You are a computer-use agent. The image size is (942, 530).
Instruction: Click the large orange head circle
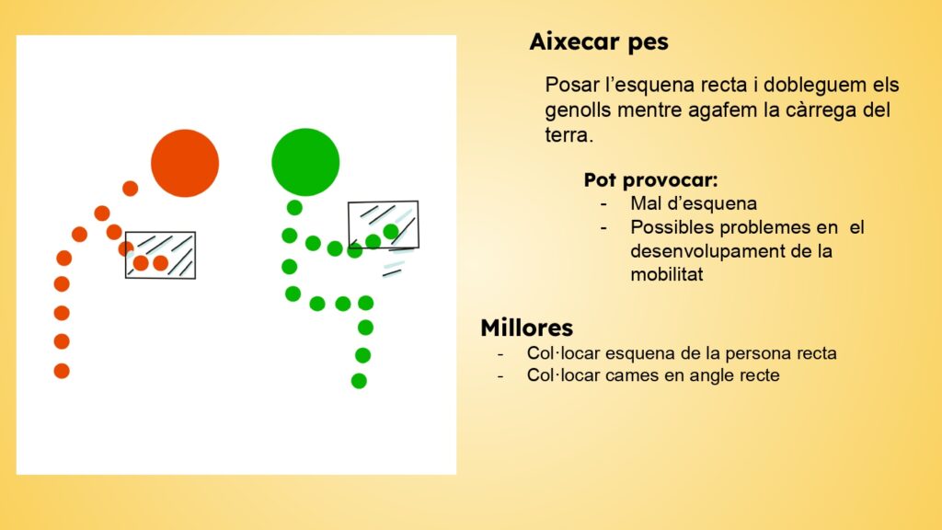click(185, 163)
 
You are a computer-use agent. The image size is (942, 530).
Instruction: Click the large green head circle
click(305, 162)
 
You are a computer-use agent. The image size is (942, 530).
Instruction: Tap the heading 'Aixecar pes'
click(598, 42)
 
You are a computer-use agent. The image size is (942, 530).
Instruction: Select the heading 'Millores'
click(527, 328)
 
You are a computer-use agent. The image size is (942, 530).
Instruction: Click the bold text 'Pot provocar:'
click(650, 179)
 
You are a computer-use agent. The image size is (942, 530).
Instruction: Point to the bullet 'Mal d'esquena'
click(694, 203)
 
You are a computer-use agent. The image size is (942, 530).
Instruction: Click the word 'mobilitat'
click(666, 274)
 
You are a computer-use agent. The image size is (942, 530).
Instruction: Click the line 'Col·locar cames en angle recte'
click(653, 375)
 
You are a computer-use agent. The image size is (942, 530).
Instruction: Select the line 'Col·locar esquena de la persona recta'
click(682, 352)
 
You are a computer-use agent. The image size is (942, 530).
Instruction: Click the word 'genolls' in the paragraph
click(579, 110)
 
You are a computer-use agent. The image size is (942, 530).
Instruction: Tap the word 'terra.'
click(569, 135)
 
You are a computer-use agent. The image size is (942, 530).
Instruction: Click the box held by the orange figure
click(160, 255)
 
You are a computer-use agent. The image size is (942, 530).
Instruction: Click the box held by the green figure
click(384, 225)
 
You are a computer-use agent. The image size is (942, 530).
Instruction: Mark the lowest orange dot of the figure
click(62, 371)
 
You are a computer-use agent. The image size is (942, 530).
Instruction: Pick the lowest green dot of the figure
click(359, 381)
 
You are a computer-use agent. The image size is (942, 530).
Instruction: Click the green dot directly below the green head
click(294, 208)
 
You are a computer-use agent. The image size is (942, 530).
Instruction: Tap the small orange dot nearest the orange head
click(131, 189)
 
